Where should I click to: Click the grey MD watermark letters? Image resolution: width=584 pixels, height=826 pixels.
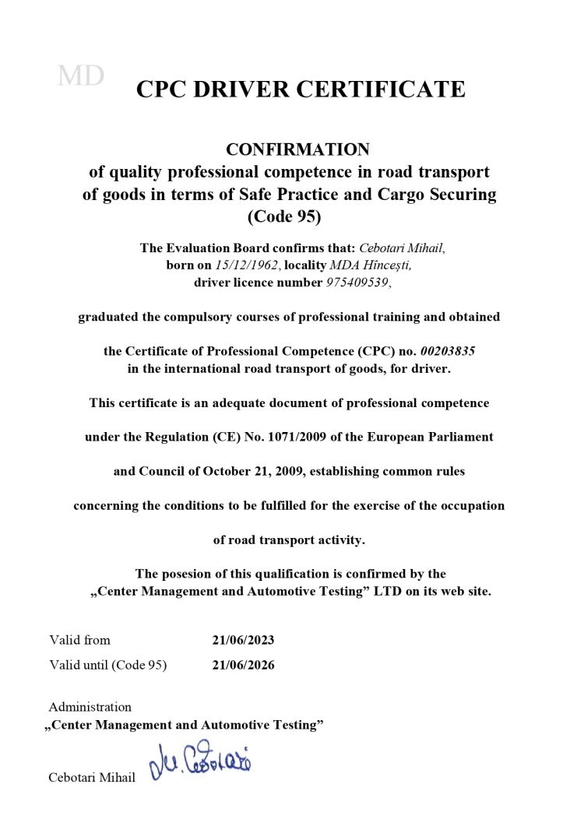pos(81,76)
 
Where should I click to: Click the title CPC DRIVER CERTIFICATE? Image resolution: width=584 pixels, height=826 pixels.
pos(301,90)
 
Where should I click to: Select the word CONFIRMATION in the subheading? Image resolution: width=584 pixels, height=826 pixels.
pos(297,149)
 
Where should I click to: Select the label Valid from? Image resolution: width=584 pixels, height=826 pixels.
pos(79,641)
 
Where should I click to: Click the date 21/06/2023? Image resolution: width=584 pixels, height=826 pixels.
pos(243,641)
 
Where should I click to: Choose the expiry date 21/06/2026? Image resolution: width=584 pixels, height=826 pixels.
pos(243,666)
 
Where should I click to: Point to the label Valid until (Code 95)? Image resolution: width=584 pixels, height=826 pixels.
pos(107,666)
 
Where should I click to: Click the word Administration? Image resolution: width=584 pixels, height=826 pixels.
pos(90,707)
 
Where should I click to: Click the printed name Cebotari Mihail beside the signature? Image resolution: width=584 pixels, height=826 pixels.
pos(92,778)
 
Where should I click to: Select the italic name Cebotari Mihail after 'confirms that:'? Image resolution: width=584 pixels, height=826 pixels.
pos(401,248)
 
